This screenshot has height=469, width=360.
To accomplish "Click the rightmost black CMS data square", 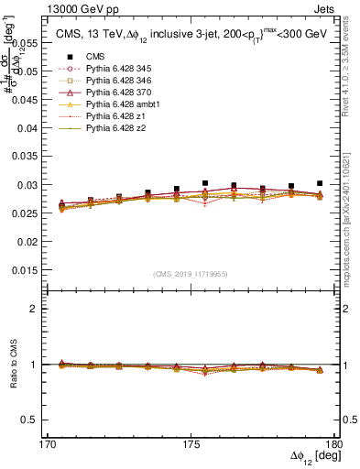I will pyautogui.click(x=320, y=183).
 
